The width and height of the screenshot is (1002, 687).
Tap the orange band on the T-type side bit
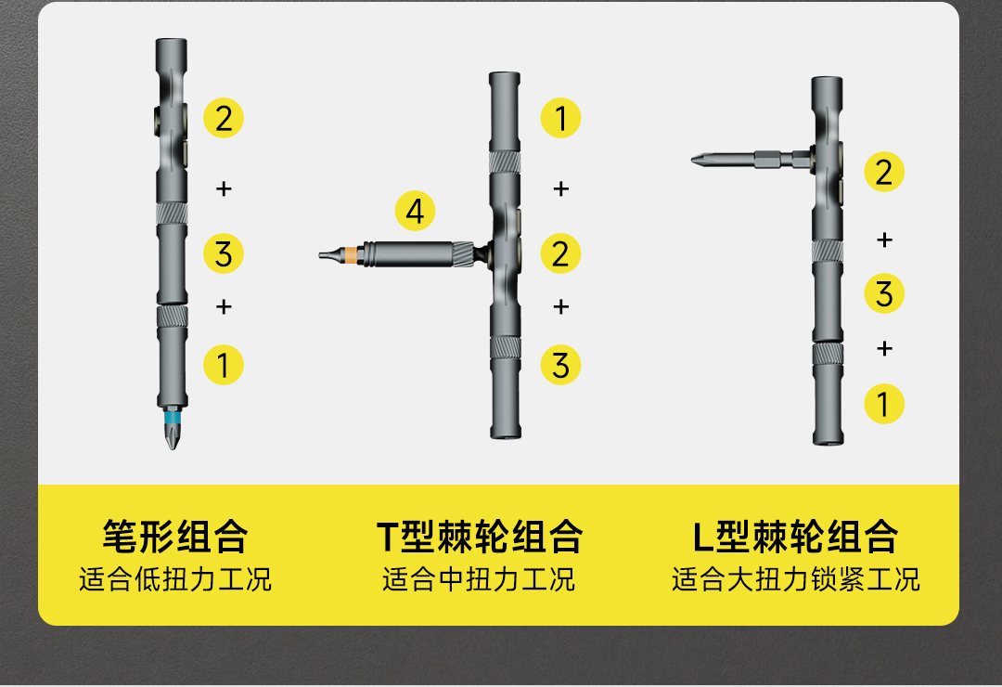pos(350,255)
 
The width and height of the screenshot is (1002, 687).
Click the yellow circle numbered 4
pos(415,212)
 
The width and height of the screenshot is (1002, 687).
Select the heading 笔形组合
pos(175,536)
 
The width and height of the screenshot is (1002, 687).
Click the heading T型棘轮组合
pos(480,536)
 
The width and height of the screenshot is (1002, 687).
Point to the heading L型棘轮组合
pos(796,536)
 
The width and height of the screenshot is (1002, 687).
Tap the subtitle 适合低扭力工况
pos(175,579)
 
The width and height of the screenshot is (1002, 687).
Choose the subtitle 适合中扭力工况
pos(479,579)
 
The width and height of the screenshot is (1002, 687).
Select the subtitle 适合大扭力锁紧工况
pos(796,579)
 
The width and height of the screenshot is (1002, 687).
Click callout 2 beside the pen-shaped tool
pos(224,118)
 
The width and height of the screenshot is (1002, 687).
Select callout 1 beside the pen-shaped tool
pos(224,365)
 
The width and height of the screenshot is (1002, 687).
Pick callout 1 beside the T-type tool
pos(560,118)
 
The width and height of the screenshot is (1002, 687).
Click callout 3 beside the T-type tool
pos(560,365)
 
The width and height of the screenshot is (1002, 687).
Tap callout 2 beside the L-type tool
pos(884,172)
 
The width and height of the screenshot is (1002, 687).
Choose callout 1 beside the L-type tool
pos(884,404)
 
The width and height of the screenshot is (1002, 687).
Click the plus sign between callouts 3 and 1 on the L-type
pos(884,349)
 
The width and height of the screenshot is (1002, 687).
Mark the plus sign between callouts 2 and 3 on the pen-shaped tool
pos(224,188)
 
